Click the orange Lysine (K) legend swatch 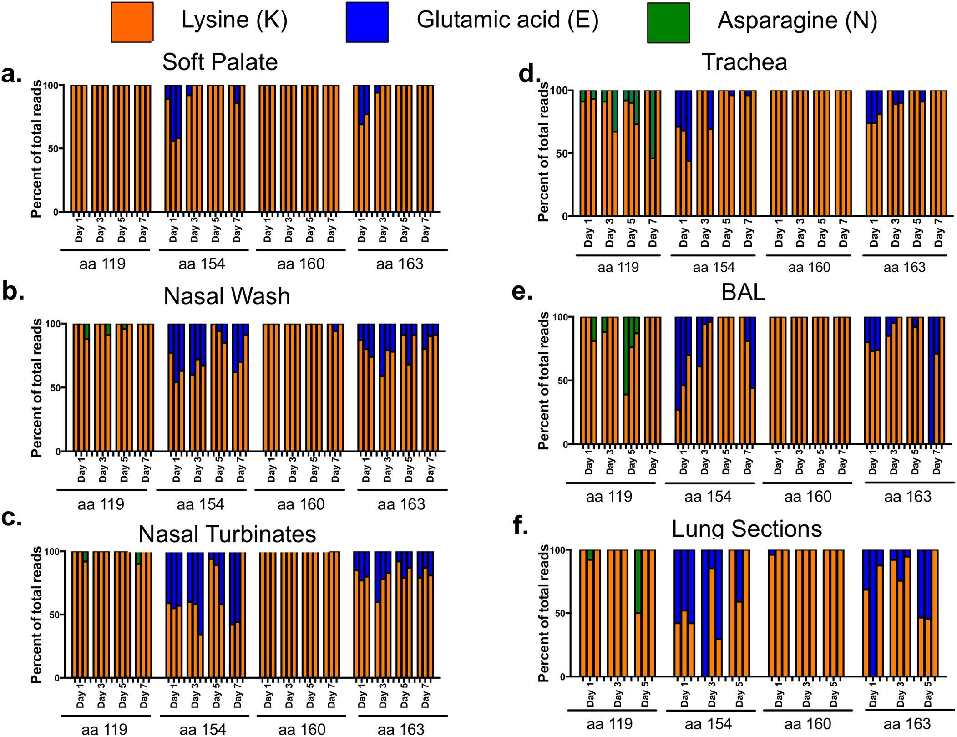coord(132,21)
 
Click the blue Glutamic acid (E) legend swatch coord(367,21)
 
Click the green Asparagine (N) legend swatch coord(668,22)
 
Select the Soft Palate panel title coord(220,62)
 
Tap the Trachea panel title coord(744,62)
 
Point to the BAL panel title coord(743,293)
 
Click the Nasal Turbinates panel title coord(227,534)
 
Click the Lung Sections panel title coord(747,529)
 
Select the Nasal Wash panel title coord(227,296)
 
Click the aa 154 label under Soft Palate coord(202,264)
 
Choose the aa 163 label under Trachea coord(904,267)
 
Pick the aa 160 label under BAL coord(808,496)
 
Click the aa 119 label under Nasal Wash coord(101,504)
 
